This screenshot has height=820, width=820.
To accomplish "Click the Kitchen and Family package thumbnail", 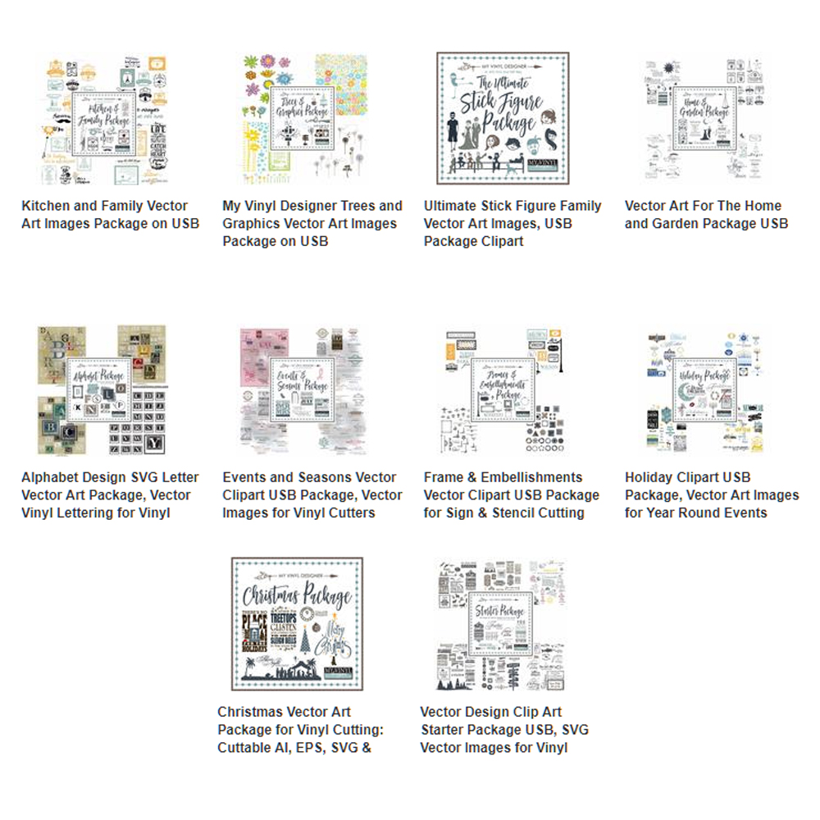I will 100,120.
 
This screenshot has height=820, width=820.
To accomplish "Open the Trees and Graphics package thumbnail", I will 301,120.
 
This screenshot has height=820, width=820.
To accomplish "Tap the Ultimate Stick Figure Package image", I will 503,119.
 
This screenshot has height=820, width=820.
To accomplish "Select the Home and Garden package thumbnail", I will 704,120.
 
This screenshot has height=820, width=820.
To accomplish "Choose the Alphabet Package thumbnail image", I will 100,390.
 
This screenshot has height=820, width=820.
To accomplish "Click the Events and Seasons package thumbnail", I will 301,390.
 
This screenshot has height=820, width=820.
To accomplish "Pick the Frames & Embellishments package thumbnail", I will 503,390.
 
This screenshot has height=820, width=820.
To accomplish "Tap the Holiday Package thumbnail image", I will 704,390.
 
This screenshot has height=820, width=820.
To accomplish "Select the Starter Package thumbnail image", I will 501,624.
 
